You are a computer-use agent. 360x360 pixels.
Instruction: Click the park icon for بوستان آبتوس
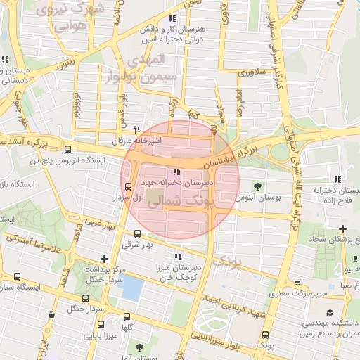[257, 186]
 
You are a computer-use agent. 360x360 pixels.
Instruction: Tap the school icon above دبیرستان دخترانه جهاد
[175, 172]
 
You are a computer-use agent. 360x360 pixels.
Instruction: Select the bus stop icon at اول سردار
[128, 186]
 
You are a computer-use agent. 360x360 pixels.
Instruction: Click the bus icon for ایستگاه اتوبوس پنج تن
[67, 149]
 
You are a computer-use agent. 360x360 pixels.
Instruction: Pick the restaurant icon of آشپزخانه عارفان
[137, 129]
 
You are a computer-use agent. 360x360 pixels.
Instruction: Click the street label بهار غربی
[99, 225]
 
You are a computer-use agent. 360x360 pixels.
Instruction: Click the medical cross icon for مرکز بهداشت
[105, 259]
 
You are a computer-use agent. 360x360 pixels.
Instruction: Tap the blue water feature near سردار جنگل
[132, 288]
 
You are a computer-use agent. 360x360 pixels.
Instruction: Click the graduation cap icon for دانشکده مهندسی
[329, 312]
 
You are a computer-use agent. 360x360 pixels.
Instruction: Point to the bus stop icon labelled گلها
[127, 317]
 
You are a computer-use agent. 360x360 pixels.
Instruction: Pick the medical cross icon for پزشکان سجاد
[342, 229]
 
